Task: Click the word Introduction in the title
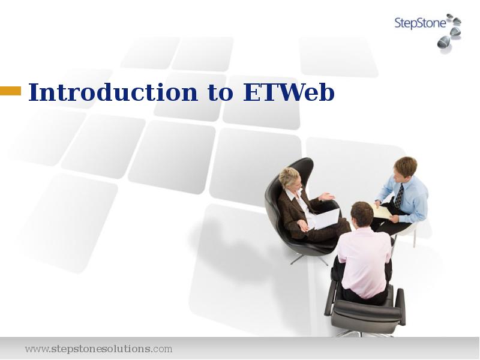tap(113, 93)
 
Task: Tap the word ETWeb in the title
tap(289, 93)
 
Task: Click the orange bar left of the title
tap(10, 91)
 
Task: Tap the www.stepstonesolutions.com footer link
tap(98, 349)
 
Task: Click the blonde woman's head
tap(289, 178)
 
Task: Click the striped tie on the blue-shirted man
tap(399, 196)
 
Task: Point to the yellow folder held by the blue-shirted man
tap(381, 211)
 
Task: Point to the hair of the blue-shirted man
tap(406, 165)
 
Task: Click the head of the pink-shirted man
tap(362, 214)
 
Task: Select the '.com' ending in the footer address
tap(162, 349)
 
